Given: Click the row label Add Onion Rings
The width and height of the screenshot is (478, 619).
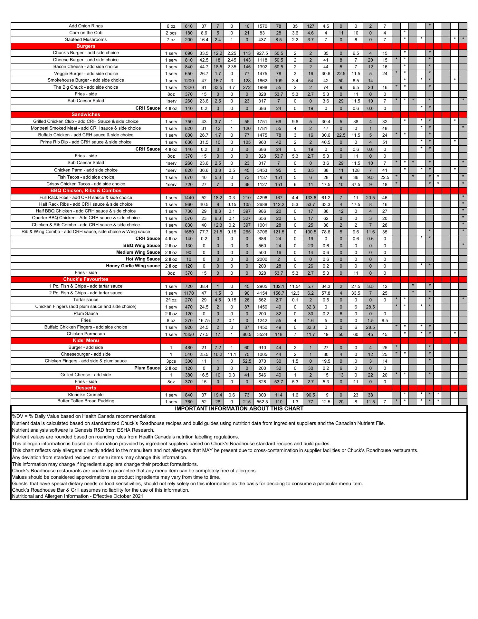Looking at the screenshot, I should (86, 26).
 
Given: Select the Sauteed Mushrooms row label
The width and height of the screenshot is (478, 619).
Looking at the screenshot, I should (86, 40).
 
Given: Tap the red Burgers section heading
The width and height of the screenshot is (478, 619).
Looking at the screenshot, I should (86, 46).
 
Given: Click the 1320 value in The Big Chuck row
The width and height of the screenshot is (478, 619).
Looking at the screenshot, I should (189, 87).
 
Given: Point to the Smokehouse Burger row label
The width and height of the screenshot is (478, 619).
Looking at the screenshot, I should (86, 80).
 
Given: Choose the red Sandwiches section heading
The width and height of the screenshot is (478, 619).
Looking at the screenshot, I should (86, 114).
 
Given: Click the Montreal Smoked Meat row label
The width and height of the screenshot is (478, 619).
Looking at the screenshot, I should (86, 128).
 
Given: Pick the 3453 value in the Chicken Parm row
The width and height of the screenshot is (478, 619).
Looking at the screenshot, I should (262, 170).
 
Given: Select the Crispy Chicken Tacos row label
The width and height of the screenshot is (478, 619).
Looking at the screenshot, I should (86, 184).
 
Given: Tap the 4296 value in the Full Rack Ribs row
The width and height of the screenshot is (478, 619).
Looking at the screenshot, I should (262, 198).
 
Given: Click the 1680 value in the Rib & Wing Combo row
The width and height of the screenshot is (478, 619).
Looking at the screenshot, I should (189, 232).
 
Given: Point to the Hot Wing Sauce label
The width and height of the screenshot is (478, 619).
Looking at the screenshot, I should (143, 259).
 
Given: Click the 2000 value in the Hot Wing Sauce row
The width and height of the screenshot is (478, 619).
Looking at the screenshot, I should (262, 259).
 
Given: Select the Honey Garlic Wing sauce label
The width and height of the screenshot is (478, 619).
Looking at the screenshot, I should (133, 266).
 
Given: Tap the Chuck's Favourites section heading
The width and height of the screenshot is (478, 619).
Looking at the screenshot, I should (86, 279).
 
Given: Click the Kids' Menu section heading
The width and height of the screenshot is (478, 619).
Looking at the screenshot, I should (86, 340).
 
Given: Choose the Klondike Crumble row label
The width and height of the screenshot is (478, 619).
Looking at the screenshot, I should (86, 395).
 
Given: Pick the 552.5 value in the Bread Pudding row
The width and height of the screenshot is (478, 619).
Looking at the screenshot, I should (262, 402).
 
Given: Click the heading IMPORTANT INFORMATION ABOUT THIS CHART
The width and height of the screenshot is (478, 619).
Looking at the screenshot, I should (239, 409).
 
